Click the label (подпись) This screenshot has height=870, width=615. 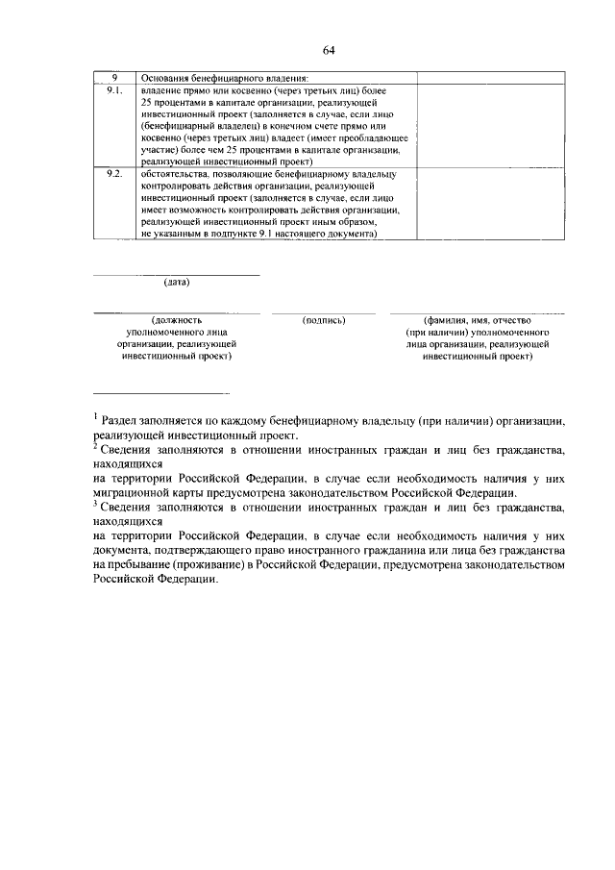click(x=323, y=319)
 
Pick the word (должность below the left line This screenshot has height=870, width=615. click(x=177, y=319)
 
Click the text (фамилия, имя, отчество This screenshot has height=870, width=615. click(x=477, y=319)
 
